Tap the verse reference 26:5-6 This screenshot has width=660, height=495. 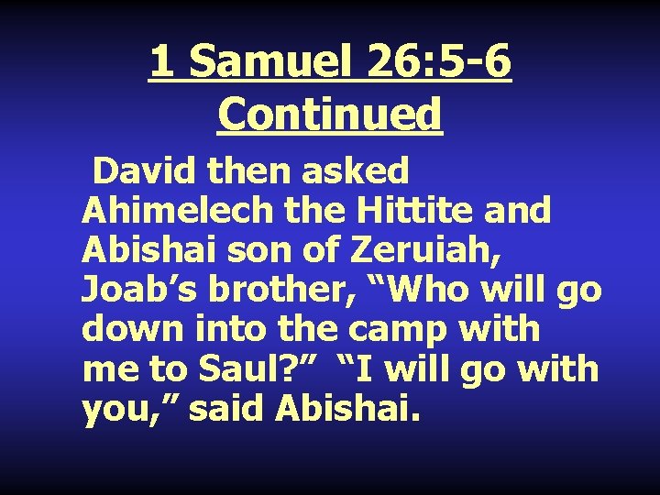point(439,62)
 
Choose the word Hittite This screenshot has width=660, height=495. point(417,211)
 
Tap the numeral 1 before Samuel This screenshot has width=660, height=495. point(160,62)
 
